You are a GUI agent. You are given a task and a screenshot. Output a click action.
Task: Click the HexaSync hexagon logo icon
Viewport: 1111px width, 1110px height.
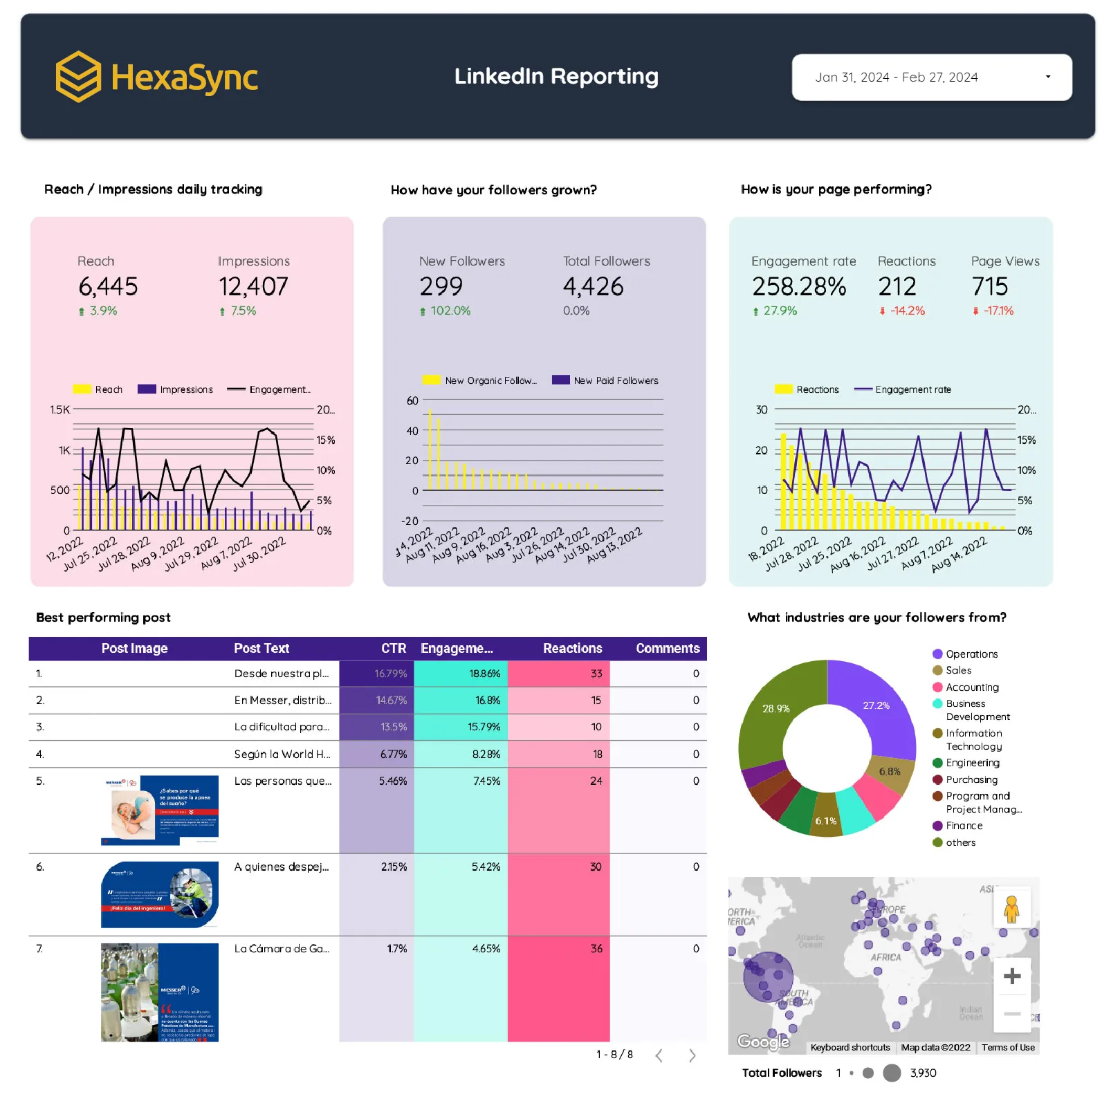pos(78,77)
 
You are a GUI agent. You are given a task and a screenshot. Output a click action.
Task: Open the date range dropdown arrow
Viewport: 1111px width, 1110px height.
pos(1047,77)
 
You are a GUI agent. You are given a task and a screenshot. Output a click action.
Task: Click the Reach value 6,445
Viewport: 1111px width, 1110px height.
pos(108,286)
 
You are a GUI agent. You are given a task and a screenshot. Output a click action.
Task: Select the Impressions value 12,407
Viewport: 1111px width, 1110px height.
pos(253,286)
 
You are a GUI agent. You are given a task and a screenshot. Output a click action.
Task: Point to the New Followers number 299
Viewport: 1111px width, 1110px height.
pos(441,286)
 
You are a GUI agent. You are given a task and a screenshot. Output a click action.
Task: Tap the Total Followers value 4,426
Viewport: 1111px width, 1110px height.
pos(593,286)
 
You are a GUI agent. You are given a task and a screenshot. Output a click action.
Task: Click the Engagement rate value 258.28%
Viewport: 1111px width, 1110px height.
pos(799,286)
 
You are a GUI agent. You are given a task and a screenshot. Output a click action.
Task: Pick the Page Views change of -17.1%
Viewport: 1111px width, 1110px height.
pos(998,311)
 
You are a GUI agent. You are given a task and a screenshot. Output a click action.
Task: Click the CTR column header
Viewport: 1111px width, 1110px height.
pos(393,649)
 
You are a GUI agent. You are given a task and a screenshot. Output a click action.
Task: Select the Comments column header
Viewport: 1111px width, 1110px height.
pos(668,649)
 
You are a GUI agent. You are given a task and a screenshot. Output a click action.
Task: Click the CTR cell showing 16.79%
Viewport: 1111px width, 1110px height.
pos(390,674)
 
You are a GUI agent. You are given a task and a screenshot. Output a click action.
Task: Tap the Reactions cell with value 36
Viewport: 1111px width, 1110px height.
pos(596,949)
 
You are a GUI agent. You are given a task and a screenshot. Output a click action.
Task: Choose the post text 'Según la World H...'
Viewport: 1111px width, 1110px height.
pos(282,755)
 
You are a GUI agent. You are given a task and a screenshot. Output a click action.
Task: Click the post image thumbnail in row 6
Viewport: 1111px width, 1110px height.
pos(160,894)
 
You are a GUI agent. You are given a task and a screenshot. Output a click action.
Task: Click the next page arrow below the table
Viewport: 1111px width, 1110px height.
pos(692,1055)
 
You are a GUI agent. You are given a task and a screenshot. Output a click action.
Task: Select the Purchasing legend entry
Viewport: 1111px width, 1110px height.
pos(971,779)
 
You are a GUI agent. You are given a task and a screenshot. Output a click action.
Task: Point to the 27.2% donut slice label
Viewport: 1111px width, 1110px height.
pos(876,705)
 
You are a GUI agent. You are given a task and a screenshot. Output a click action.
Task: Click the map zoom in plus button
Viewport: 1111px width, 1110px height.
pos(1012,976)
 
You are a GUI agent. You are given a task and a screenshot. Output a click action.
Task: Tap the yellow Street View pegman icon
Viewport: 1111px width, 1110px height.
pos(1011,909)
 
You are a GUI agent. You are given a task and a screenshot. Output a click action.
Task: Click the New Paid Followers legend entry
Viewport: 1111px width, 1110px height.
pos(615,380)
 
